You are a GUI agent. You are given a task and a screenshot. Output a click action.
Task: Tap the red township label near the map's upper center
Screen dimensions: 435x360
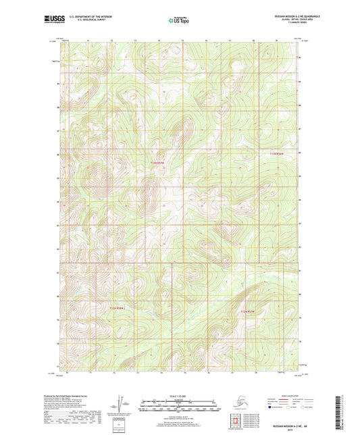(157, 163)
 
